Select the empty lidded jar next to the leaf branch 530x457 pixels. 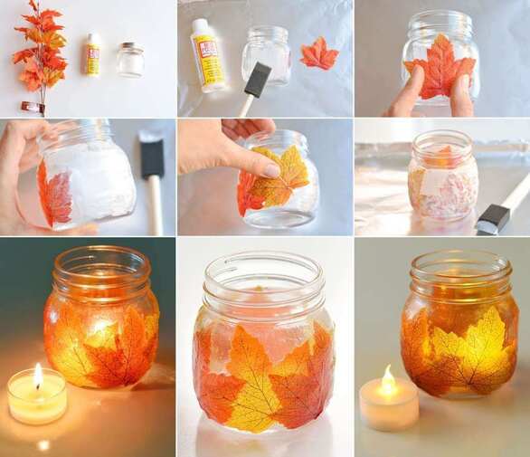pos(130,60)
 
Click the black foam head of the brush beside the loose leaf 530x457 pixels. pos(257,81)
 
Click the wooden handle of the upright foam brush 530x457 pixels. pos(155,204)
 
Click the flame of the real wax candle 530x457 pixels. pos(37,375)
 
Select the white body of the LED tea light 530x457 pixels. pos(389,410)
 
